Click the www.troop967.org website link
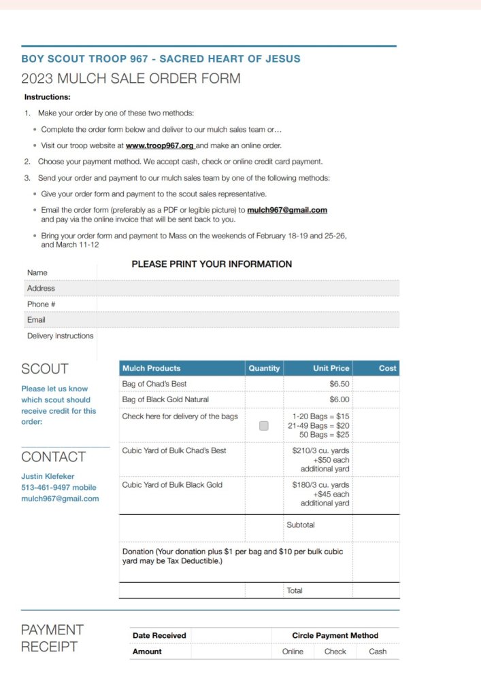point(160,145)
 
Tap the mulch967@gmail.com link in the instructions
point(287,210)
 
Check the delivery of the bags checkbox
point(264,426)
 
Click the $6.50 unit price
point(339,384)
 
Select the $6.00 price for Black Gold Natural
point(339,399)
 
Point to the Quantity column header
point(264,368)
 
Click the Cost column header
point(387,368)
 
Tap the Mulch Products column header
point(151,368)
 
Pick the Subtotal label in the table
point(300,525)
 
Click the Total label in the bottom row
point(295,591)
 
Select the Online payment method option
point(293,652)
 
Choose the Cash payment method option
point(378,652)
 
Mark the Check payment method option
point(335,652)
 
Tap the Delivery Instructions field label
point(60,336)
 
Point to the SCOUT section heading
point(45,369)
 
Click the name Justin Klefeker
point(48,476)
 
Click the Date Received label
point(159,635)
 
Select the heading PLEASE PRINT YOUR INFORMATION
point(212,264)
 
